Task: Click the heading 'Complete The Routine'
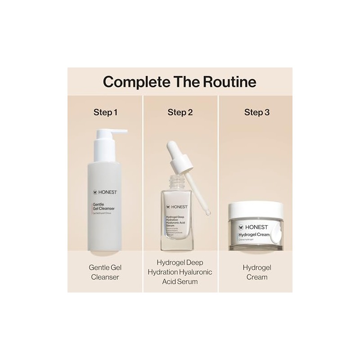click(x=180, y=81)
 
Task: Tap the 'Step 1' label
click(x=105, y=112)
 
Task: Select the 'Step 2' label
click(x=180, y=112)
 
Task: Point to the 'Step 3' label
click(x=257, y=112)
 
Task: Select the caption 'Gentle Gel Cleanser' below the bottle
click(x=105, y=272)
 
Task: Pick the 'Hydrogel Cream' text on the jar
click(x=255, y=235)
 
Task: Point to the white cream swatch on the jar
click(x=278, y=234)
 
